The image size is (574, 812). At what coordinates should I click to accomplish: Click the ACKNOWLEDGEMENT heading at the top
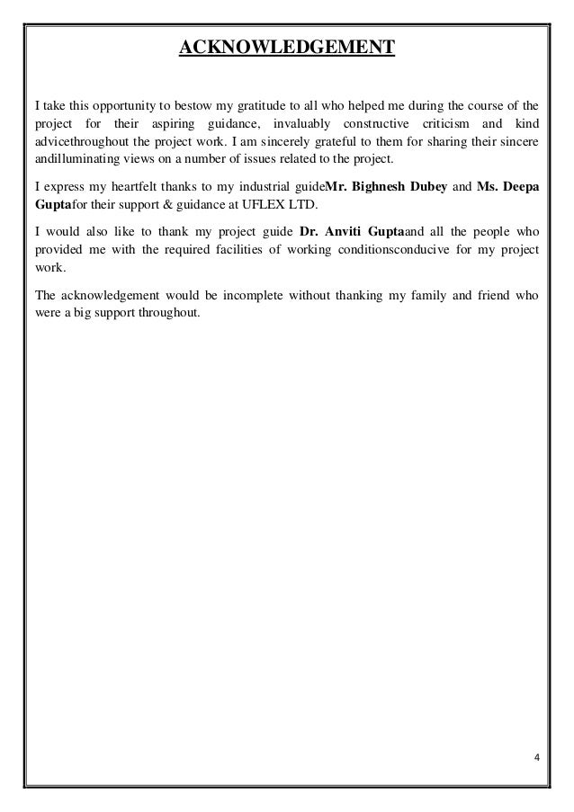pyautogui.click(x=286, y=45)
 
